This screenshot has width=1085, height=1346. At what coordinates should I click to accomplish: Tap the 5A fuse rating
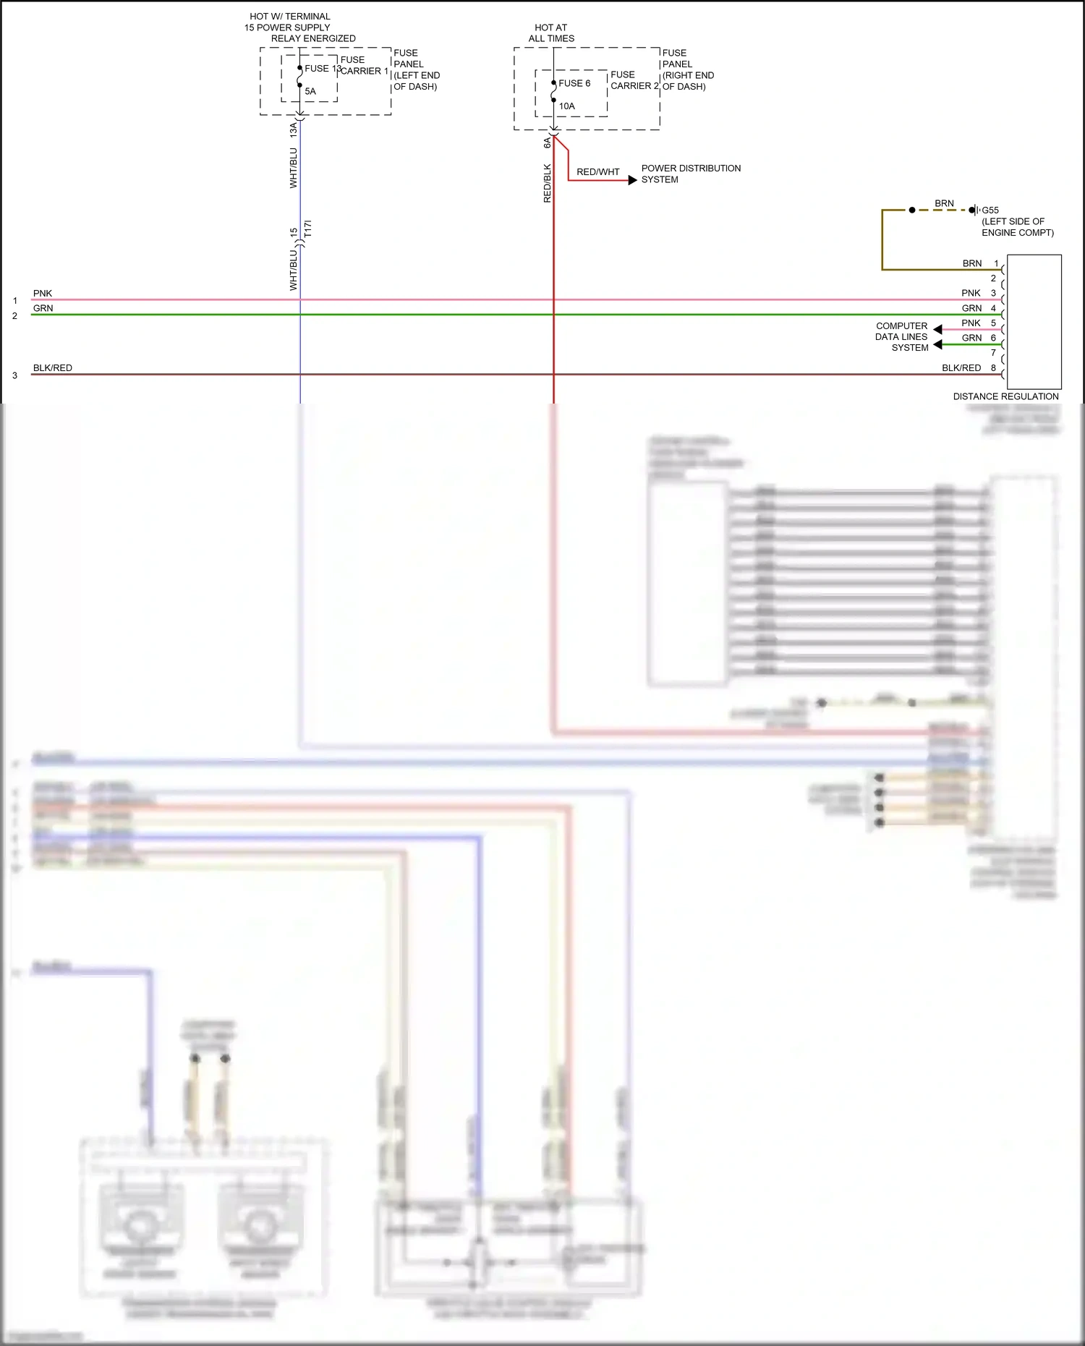tap(310, 92)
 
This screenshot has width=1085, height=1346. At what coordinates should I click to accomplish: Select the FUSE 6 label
tap(574, 83)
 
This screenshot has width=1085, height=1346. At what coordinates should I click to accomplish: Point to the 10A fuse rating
tap(567, 106)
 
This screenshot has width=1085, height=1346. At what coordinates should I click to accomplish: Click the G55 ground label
tap(990, 210)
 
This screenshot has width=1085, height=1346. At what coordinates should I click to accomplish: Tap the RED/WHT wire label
tap(598, 172)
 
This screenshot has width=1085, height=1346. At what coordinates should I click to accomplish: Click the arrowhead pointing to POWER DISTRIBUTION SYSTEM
tap(632, 180)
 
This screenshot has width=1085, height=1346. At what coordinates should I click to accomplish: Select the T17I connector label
tap(308, 229)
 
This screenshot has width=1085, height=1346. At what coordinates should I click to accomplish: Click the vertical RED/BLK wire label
tap(548, 183)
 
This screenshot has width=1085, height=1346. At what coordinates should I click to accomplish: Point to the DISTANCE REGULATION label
tap(1005, 396)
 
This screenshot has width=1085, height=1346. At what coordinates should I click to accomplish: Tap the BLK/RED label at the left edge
tap(53, 368)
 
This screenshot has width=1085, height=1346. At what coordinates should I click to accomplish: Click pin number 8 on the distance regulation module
tap(993, 368)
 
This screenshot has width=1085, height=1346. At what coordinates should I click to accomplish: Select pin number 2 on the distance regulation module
tap(993, 278)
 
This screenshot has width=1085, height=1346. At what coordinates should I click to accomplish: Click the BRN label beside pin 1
tap(972, 263)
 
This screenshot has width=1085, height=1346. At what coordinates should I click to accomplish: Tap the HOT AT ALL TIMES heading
tap(551, 33)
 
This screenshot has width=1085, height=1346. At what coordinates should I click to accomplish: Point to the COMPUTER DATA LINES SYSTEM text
tap(902, 337)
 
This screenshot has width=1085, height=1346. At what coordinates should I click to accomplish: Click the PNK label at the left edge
tap(43, 294)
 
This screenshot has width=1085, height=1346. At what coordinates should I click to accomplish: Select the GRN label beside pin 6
tap(972, 338)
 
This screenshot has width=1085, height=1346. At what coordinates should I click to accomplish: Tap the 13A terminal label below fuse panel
tap(294, 130)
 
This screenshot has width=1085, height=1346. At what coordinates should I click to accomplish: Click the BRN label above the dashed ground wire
tap(944, 203)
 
